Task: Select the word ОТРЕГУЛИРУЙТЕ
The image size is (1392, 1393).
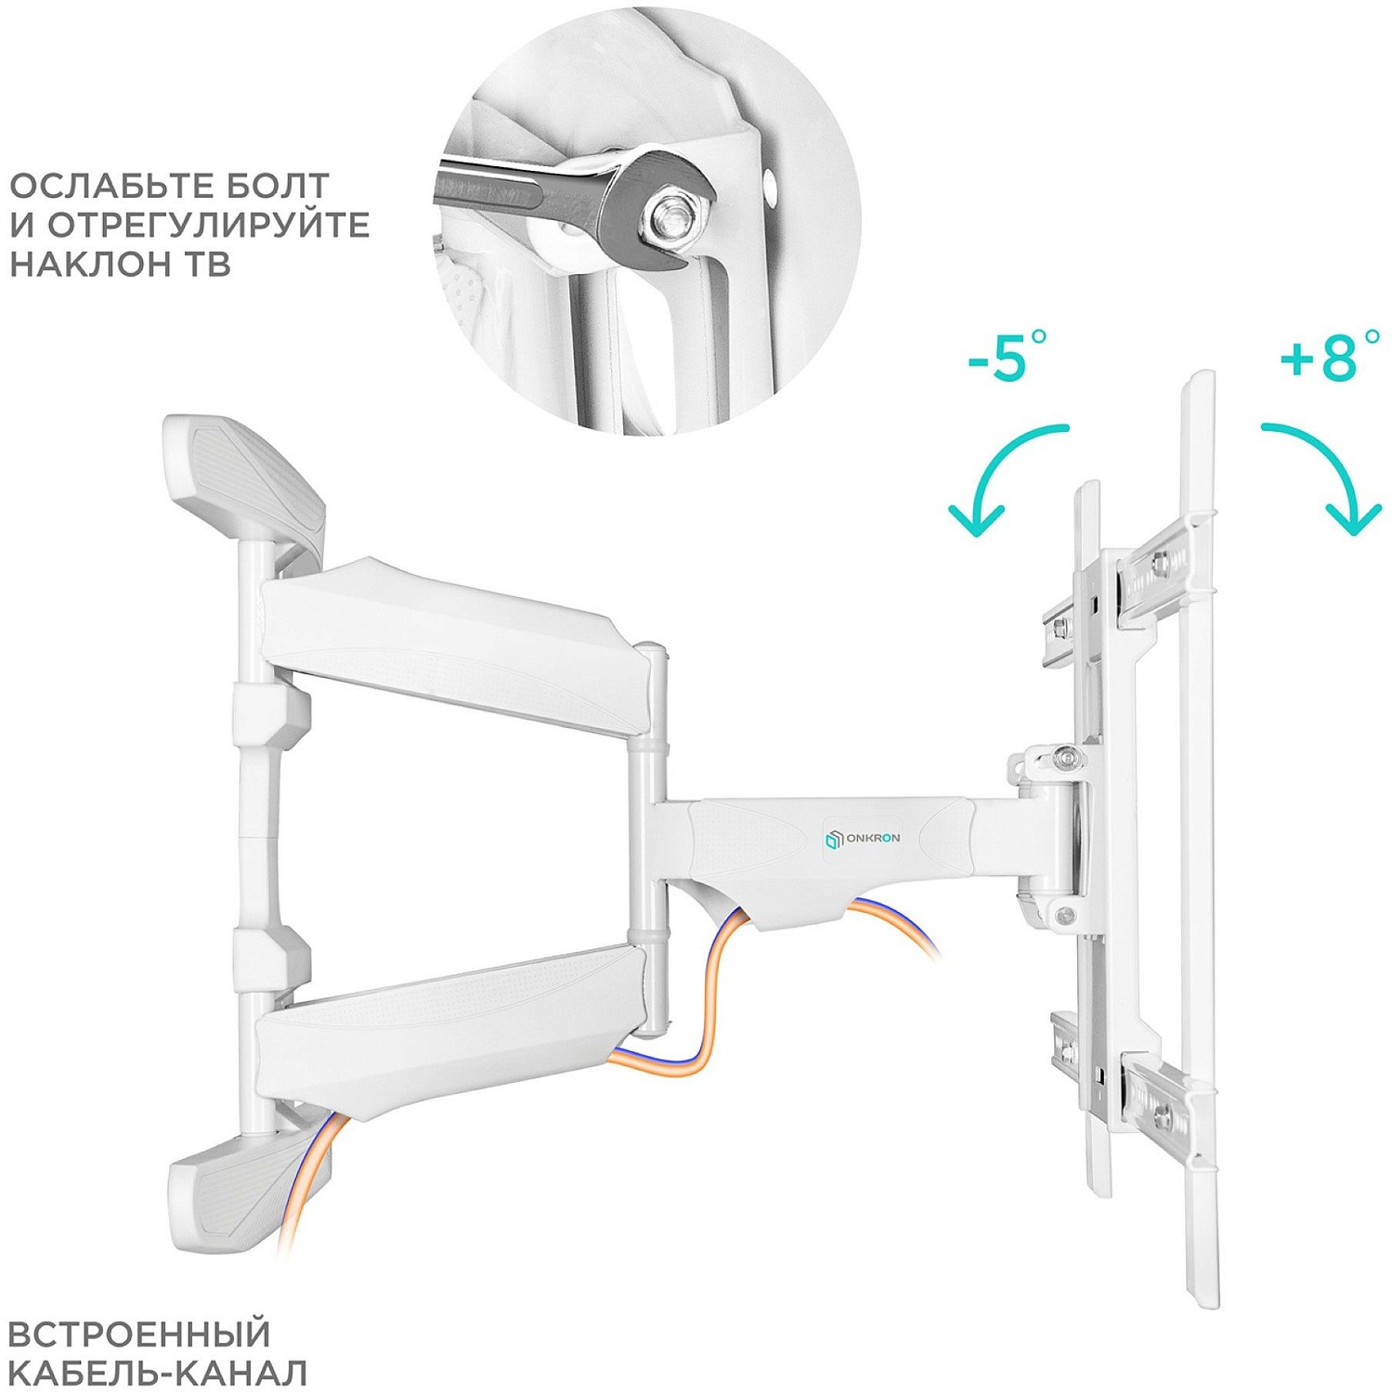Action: tap(209, 225)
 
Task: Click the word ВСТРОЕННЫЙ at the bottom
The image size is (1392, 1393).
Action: tap(138, 1334)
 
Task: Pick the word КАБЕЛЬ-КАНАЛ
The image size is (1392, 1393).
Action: tap(158, 1373)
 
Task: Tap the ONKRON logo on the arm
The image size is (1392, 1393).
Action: tap(862, 839)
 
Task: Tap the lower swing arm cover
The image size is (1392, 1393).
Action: tap(446, 1031)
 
